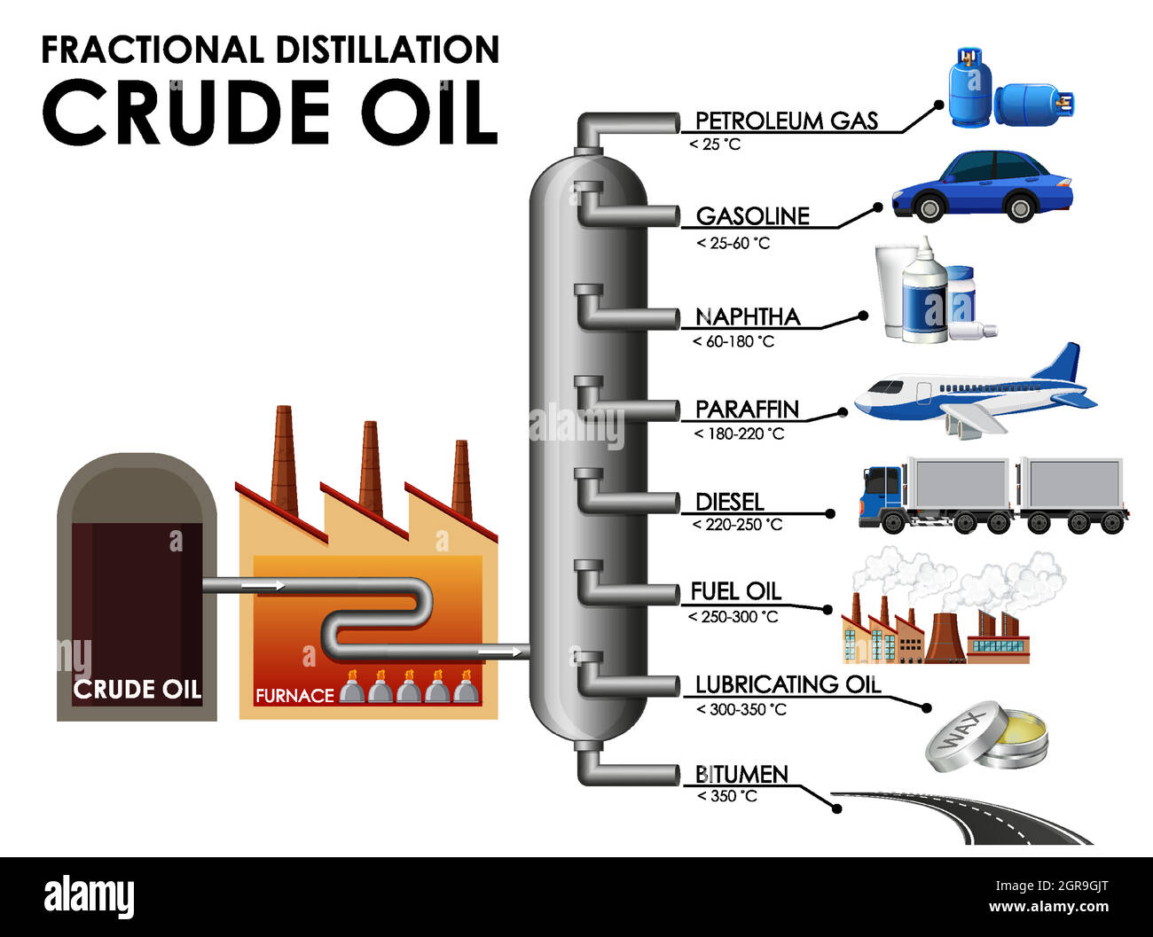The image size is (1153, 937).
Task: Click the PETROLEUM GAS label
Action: (x=786, y=121)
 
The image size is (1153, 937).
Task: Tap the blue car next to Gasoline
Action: (x=982, y=186)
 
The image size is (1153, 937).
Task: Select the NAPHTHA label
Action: (x=748, y=316)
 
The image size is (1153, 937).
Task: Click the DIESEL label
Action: (x=729, y=502)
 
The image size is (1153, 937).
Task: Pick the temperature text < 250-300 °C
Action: (x=733, y=616)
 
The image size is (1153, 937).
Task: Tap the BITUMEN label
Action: (x=741, y=774)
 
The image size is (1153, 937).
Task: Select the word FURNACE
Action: (x=294, y=696)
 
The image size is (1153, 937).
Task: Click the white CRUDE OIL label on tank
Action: (x=137, y=689)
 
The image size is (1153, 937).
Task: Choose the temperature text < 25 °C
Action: (x=715, y=144)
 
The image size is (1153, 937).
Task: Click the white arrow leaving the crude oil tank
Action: (x=263, y=585)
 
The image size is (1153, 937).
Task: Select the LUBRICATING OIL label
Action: (x=788, y=684)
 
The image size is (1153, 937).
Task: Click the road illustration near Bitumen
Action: (x=967, y=816)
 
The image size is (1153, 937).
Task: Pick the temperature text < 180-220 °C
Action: (x=739, y=433)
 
